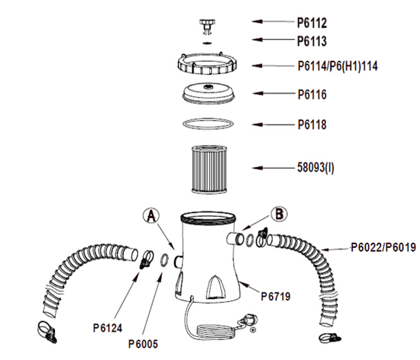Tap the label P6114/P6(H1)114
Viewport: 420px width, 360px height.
pyautogui.click(x=337, y=66)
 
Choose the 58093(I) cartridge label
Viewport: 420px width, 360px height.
pyautogui.click(x=316, y=168)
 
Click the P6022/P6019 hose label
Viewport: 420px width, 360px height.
pyautogui.click(x=383, y=247)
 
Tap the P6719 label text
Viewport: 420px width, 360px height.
pyautogui.click(x=276, y=296)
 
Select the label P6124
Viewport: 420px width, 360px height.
pyautogui.click(x=107, y=328)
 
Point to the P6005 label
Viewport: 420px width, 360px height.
pyautogui.click(x=143, y=345)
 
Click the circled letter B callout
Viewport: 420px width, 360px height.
pyautogui.click(x=279, y=214)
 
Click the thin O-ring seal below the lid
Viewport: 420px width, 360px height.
pyautogui.click(x=207, y=124)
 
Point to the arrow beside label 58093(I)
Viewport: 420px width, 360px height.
pyautogui.click(x=271, y=168)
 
